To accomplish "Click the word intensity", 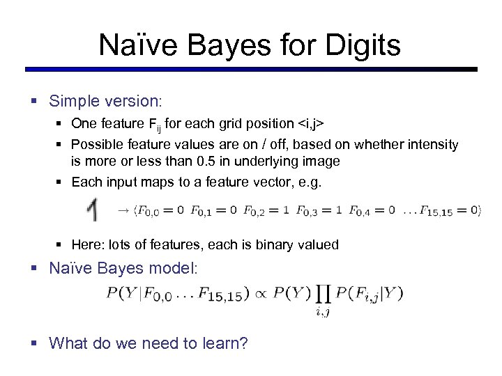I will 432,145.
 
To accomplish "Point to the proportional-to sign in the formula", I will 257,294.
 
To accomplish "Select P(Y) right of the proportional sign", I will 289,294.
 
